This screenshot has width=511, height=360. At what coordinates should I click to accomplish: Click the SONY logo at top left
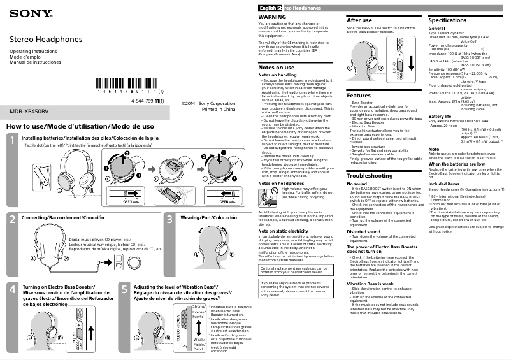[22, 13]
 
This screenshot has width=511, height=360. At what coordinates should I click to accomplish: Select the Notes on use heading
[276, 67]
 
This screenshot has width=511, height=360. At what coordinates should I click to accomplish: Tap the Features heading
[360, 95]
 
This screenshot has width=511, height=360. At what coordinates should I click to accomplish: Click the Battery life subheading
[440, 117]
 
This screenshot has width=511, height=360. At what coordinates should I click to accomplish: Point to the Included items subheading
[444, 184]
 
